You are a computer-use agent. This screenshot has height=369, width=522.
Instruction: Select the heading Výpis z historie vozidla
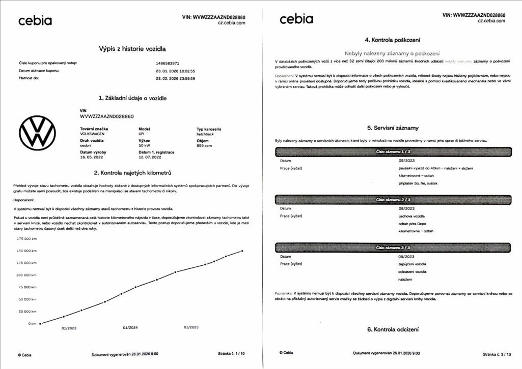(132, 49)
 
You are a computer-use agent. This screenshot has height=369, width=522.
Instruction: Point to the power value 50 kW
(144, 145)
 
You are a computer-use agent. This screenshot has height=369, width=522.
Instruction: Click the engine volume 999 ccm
(204, 145)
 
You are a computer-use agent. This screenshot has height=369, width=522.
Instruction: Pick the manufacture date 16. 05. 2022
(92, 157)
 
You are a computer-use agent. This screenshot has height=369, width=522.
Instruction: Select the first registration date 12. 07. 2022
(150, 157)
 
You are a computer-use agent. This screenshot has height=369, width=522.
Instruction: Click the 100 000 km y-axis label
(27, 275)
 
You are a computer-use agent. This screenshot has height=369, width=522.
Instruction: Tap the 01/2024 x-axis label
(130, 328)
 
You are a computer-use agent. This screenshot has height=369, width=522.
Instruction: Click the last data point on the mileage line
(242, 251)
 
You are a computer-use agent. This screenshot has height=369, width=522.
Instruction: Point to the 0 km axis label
(32, 323)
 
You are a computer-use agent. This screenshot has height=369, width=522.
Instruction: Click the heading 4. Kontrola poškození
(392, 40)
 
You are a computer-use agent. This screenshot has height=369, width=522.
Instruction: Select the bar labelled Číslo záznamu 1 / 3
(393, 151)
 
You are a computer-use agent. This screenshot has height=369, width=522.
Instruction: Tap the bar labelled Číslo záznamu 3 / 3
(393, 248)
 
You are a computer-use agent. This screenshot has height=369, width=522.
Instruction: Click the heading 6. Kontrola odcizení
(393, 329)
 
